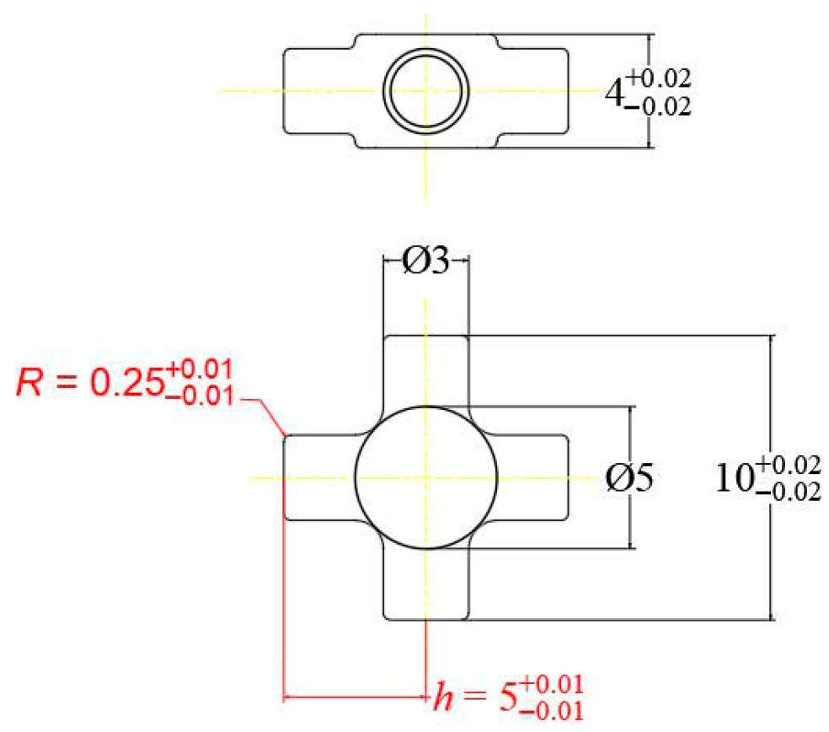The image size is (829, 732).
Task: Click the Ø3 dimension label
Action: [425, 263]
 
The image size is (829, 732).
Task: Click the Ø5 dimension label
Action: [629, 478]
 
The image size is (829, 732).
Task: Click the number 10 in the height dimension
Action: [734, 478]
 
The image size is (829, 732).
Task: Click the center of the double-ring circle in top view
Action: [426, 90]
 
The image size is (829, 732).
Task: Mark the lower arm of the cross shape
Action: [425, 586]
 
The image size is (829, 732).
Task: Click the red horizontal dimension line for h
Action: [354, 697]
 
